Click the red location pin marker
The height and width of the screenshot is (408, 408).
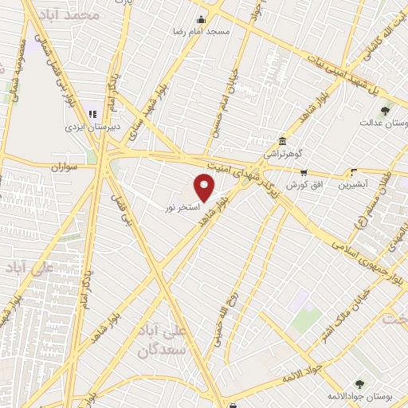point(206,187)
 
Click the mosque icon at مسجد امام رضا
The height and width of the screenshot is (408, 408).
point(202,20)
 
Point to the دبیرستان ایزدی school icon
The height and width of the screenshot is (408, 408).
point(92,113)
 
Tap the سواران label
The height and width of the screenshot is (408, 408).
point(68,167)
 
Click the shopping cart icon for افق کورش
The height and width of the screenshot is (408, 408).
point(303,172)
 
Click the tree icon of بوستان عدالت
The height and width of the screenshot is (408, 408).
point(385,111)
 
